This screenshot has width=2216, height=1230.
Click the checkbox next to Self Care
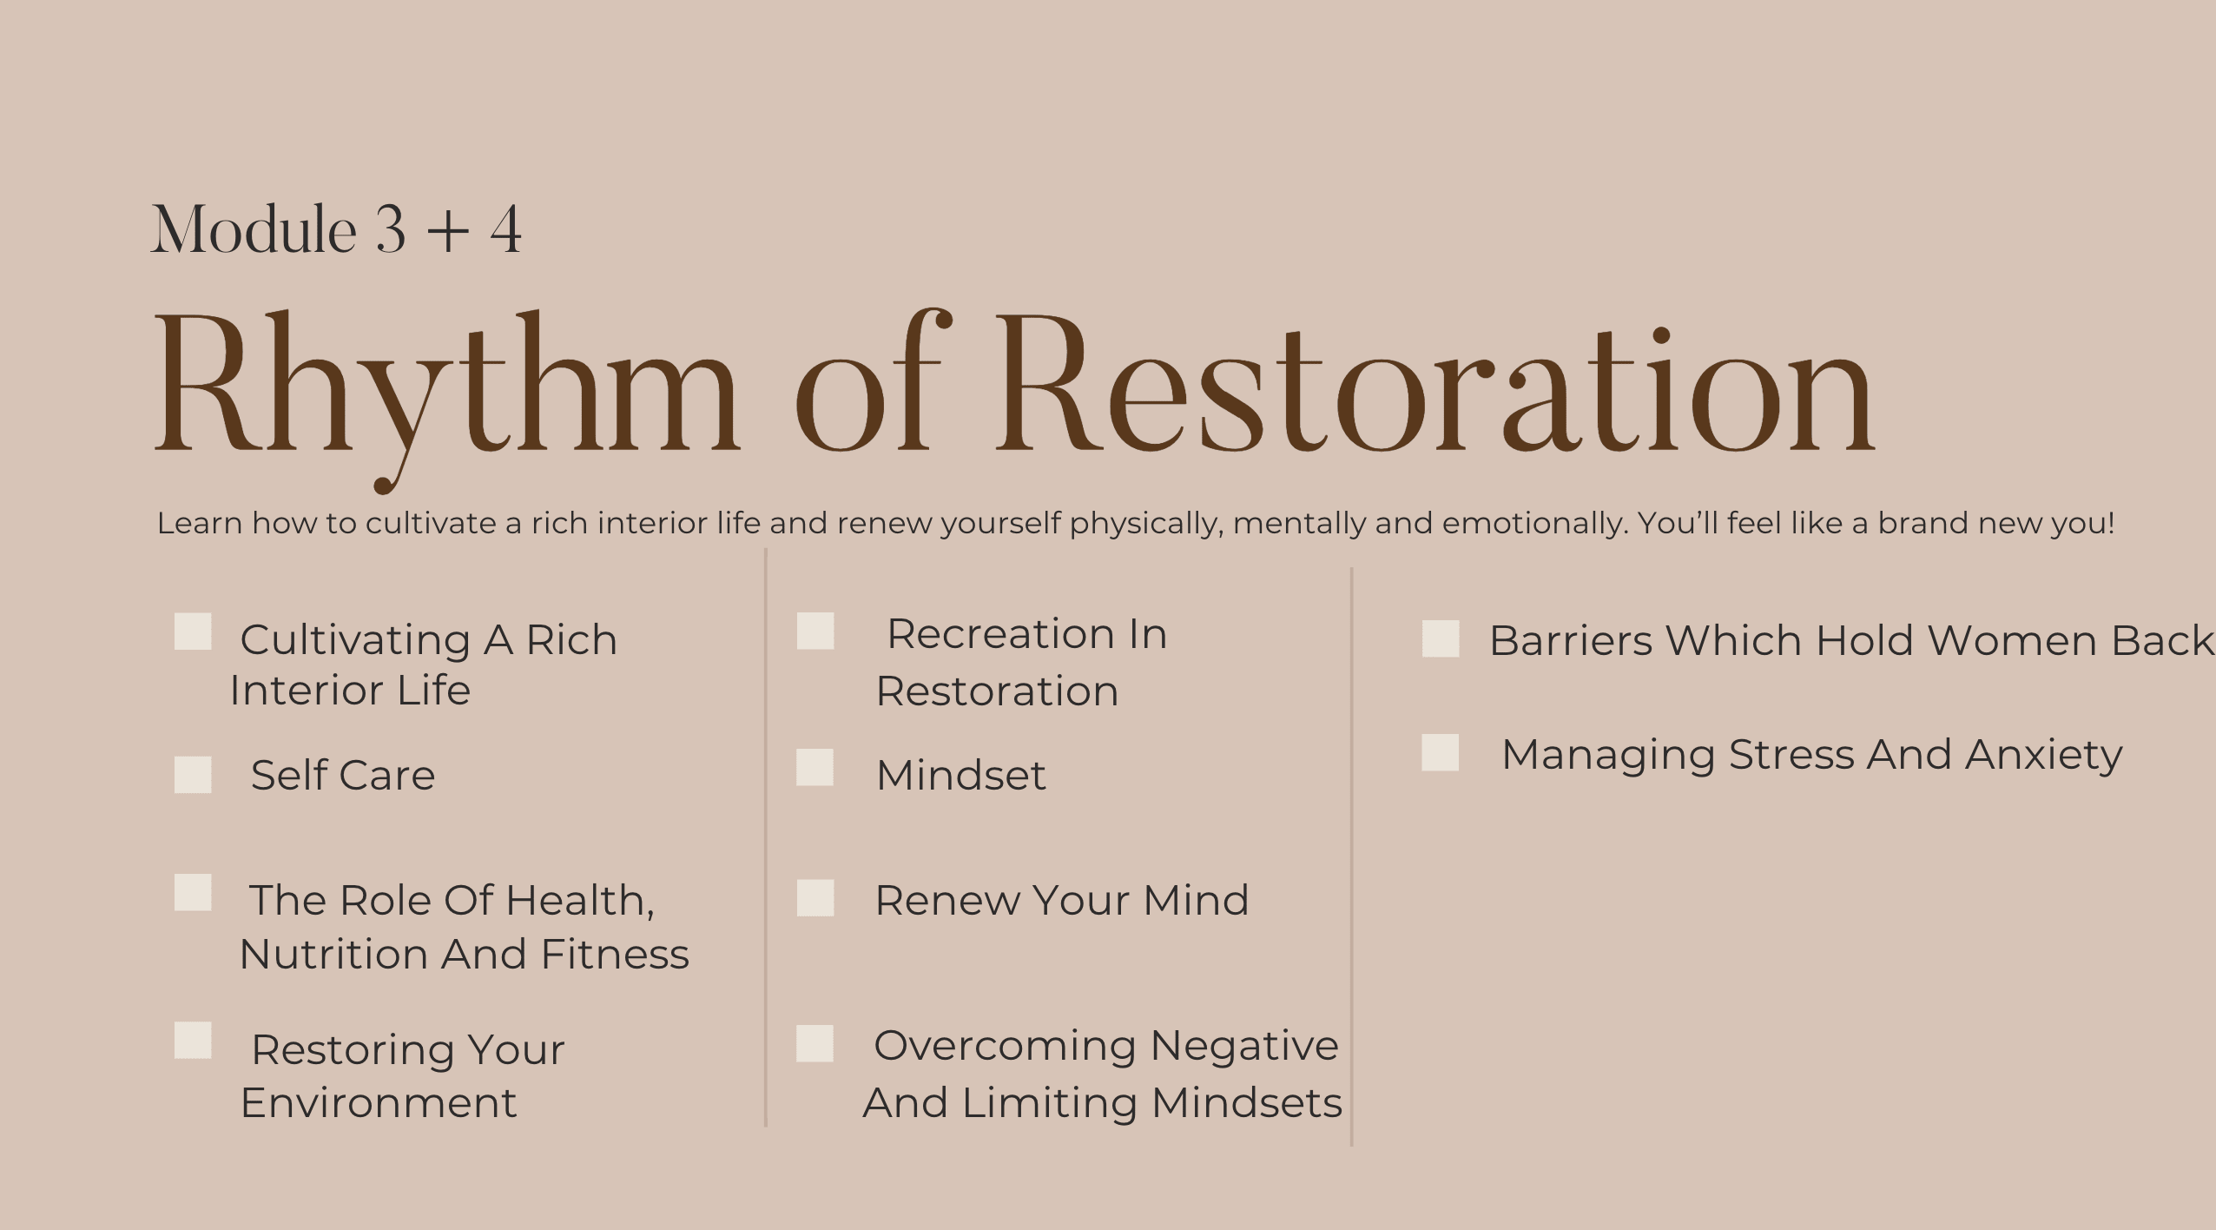pos(193,775)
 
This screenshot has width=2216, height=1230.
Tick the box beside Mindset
pos(815,768)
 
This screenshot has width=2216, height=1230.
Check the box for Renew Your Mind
pos(815,898)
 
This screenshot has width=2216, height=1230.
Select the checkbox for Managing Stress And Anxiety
pos(1441,753)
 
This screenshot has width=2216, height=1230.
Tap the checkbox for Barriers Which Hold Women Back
pos(1441,638)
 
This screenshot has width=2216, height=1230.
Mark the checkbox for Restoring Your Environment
pos(193,1041)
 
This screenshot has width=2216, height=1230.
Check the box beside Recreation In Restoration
pos(815,632)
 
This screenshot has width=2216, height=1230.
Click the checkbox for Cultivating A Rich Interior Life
pos(193,632)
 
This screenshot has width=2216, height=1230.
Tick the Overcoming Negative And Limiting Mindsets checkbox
pos(815,1043)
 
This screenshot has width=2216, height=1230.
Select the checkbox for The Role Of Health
pos(193,893)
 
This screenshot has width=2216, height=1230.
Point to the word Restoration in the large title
pos(1434,382)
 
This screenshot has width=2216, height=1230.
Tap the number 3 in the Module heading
pos(391,229)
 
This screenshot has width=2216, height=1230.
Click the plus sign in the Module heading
pos(448,231)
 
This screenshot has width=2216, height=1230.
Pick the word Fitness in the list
pos(615,954)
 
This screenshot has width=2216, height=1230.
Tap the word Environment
pos(379,1102)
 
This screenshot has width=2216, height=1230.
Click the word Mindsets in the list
pos(1246,1102)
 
